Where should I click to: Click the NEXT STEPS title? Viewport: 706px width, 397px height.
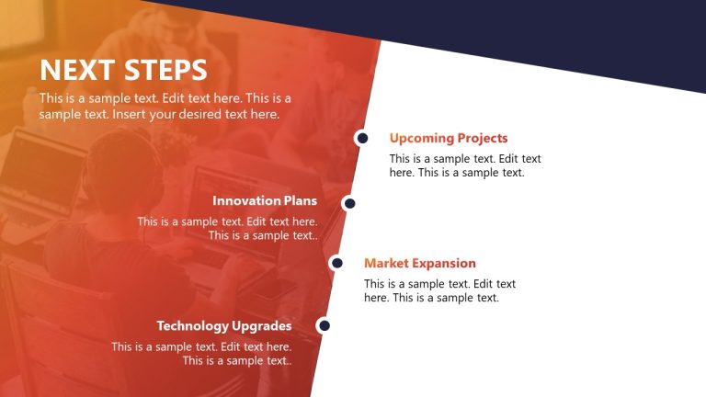coord(123,70)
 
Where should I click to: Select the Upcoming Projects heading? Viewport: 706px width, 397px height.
coord(448,138)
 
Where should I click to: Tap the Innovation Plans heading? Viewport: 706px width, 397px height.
coord(264,200)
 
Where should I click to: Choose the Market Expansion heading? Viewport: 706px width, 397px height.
coord(419,263)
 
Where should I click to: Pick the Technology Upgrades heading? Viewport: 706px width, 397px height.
coord(223,325)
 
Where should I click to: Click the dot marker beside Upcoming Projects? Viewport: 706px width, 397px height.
coord(362,138)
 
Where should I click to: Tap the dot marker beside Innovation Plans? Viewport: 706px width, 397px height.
coord(348,202)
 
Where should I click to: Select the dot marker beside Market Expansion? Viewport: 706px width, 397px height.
coord(336,263)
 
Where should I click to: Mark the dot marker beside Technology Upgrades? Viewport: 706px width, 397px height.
coord(324,325)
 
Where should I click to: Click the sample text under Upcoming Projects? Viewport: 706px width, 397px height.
coord(464,165)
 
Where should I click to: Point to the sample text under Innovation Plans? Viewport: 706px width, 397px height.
coord(228,228)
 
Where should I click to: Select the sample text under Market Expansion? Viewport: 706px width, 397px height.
coord(439,290)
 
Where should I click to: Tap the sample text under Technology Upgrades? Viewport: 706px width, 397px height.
coord(202,353)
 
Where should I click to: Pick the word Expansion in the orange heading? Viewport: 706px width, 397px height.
coord(444,263)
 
